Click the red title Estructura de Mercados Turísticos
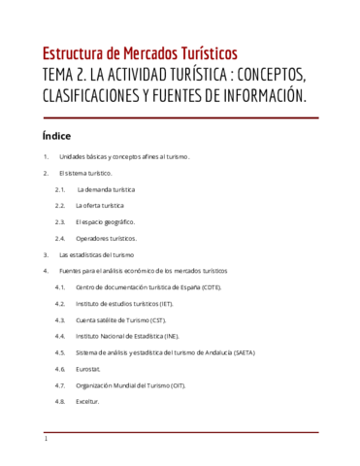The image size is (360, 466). pyautogui.click(x=140, y=53)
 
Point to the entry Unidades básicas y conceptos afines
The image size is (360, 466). pyautogui.click(x=124, y=157)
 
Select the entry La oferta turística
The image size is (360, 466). pyautogui.click(x=100, y=206)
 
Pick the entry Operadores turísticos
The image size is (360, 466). pyautogui.click(x=107, y=238)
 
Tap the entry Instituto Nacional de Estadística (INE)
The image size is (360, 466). pyautogui.click(x=127, y=336)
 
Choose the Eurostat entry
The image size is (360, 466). pyautogui.click(x=90, y=369)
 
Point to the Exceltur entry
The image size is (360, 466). pyautogui.click(x=88, y=401)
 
